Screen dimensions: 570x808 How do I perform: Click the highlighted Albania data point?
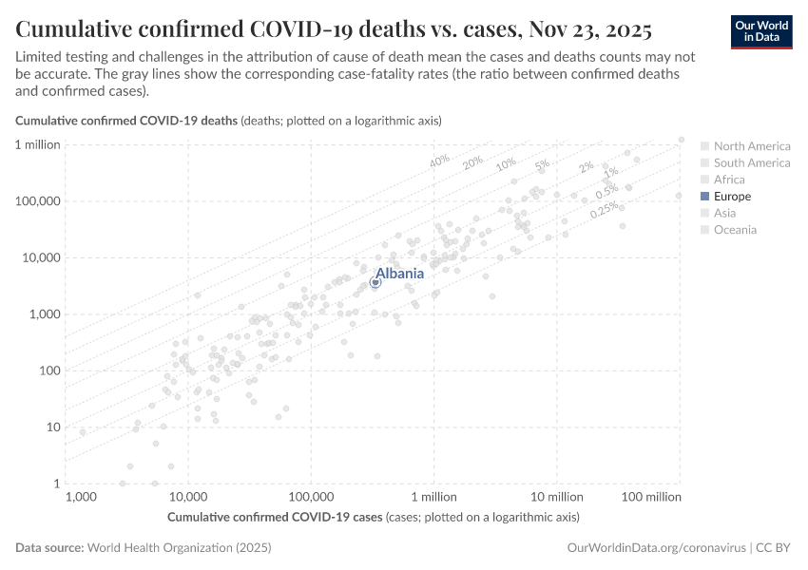pos(375,282)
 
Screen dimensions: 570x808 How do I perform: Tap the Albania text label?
pos(399,273)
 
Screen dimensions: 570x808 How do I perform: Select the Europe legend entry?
pos(731,196)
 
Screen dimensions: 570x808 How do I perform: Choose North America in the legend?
pos(751,146)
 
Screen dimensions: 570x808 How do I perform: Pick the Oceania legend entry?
pos(735,229)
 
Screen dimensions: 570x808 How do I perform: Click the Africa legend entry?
pos(729,180)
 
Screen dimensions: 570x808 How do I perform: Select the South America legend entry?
pos(751,162)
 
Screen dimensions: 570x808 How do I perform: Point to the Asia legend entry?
pos(724,213)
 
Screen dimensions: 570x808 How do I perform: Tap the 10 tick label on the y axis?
pos(53,427)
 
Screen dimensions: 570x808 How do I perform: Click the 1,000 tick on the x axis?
pos(81,497)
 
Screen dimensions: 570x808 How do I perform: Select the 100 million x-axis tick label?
pos(652,497)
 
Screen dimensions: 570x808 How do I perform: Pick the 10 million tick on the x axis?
pos(557,497)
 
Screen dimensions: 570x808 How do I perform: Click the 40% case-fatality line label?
pos(439,161)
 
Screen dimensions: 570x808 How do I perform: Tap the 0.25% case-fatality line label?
pos(604,210)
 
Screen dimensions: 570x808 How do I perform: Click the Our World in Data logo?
pos(760,31)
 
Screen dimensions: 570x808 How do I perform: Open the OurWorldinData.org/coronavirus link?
pos(655,548)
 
